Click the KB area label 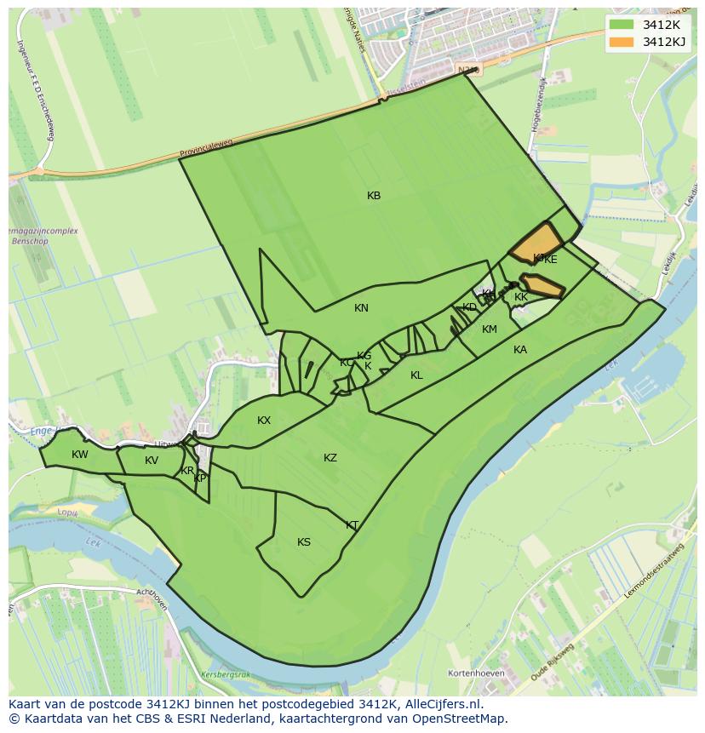pos(374,196)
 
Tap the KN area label pos(361,308)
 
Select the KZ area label pos(330,458)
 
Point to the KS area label pos(304,542)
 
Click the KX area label pos(264,421)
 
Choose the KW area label pos(80,455)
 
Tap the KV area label pos(152,461)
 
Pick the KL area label pos(416,375)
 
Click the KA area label pos(520,350)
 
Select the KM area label pos(490,329)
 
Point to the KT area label pos(352,525)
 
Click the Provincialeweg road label pos(205,150)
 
